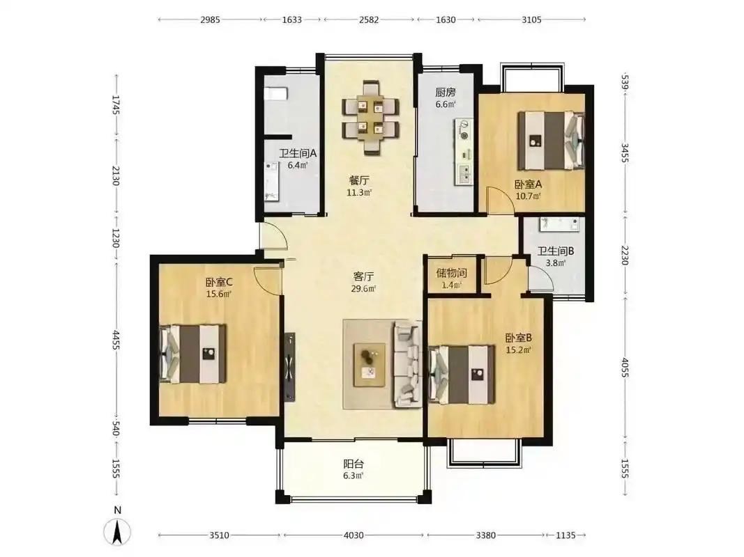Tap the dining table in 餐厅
pyautogui.click(x=370, y=118)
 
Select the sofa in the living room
pyautogui.click(x=408, y=363)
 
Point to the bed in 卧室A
pyautogui.click(x=550, y=140)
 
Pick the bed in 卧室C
pyautogui.click(x=192, y=354)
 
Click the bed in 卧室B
pyautogui.click(x=461, y=374)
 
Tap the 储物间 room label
pyautogui.click(x=451, y=273)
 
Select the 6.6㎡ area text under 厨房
pyautogui.click(x=446, y=104)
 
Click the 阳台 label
pyautogui.click(x=354, y=464)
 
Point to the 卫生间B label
pyautogui.click(x=556, y=251)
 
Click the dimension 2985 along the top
pyautogui.click(x=210, y=19)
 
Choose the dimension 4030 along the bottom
pyautogui.click(x=354, y=535)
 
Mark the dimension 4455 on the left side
pyautogui.click(x=116, y=340)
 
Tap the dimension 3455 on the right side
pyautogui.click(x=625, y=153)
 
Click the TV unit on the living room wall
pyautogui.click(x=289, y=367)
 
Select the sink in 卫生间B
pyautogui.click(x=559, y=224)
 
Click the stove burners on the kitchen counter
pyautogui.click(x=464, y=130)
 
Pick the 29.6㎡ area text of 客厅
pyautogui.click(x=363, y=289)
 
